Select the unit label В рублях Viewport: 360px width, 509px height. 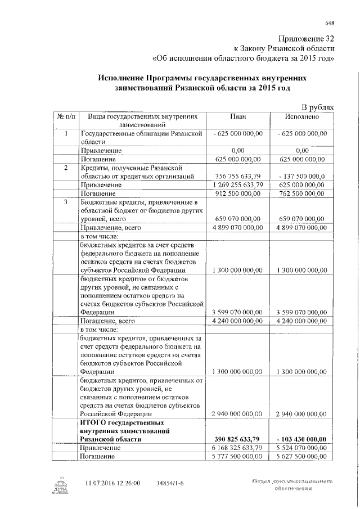coord(318,106)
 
